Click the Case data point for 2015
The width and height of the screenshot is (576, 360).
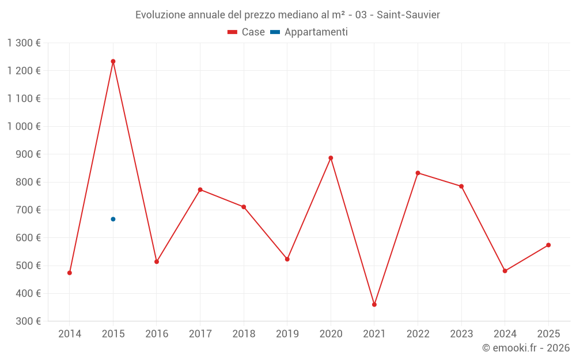[x=113, y=61]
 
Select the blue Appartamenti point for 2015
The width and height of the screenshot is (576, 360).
[x=113, y=219]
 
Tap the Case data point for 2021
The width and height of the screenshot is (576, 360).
[x=374, y=304]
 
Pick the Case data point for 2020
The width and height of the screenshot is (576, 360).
[x=331, y=158]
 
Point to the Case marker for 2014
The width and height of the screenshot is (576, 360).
[x=70, y=272]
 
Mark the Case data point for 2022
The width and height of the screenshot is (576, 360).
[x=418, y=173]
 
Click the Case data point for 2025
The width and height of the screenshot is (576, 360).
[x=548, y=245]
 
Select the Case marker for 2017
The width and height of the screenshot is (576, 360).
[x=200, y=190]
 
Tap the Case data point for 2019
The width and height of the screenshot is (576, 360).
[x=287, y=259]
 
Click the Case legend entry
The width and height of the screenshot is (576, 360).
[x=247, y=32]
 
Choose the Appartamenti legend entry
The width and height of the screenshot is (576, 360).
[x=309, y=32]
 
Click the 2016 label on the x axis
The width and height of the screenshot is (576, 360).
[x=157, y=334]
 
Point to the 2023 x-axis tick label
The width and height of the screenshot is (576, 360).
[x=461, y=334]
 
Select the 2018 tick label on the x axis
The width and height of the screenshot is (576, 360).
[x=244, y=334]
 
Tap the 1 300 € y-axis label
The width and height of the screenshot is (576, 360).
[x=24, y=43]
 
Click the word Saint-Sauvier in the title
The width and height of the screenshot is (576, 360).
[x=408, y=14]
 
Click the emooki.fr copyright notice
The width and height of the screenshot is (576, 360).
[x=525, y=348]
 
